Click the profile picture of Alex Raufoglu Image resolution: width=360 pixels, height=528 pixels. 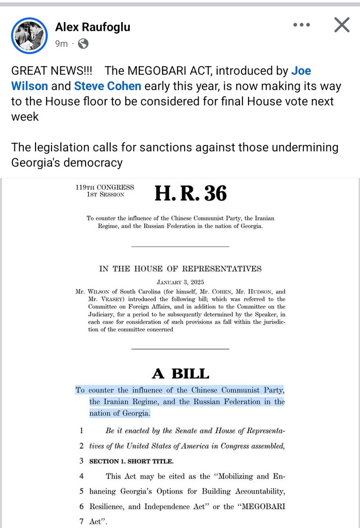tap(29, 35)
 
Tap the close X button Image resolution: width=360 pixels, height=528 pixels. tap(341, 24)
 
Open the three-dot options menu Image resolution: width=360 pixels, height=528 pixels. tap(302, 24)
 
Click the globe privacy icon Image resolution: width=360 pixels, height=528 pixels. tap(83, 44)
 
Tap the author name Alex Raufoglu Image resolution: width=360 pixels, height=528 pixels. tap(93, 27)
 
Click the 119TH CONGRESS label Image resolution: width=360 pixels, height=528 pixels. tap(105, 187)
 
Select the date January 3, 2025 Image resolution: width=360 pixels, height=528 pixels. tap(180, 282)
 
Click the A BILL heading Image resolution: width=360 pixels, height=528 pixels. tap(180, 373)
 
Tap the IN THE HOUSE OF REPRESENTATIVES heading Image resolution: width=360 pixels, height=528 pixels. tap(180, 269)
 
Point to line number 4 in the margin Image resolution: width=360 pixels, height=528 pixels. tap(81, 476)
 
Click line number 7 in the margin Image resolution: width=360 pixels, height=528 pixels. tap(81, 521)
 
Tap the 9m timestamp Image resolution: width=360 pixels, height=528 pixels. tap(61, 44)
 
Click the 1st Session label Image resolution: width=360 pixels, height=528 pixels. tap(106, 195)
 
